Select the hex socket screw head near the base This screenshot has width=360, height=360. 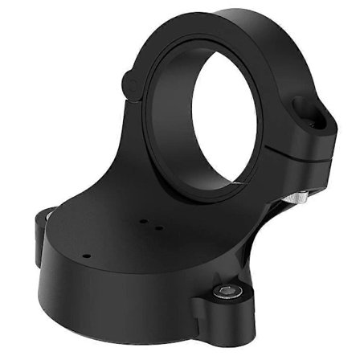(x=228, y=288)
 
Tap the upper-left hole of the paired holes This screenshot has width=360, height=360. (x=141, y=219)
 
